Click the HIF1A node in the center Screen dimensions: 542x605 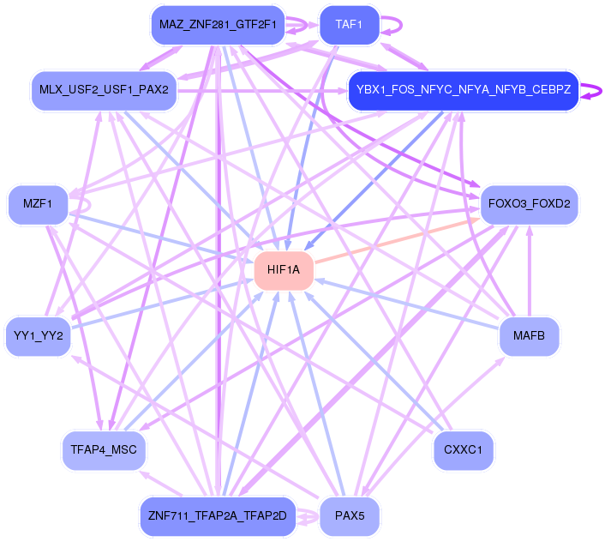click(284, 270)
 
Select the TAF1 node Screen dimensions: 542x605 click(349, 26)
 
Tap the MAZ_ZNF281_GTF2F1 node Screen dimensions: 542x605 click(218, 26)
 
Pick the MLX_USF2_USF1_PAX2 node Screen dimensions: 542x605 click(104, 89)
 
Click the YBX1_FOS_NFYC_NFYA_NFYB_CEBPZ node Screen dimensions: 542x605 click(463, 89)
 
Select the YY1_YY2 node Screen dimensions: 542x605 click(39, 335)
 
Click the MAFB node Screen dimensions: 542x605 click(529, 335)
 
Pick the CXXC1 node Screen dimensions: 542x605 click(464, 449)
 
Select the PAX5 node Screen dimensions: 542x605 click(350, 515)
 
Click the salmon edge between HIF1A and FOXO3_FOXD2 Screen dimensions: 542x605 click(394, 239)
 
